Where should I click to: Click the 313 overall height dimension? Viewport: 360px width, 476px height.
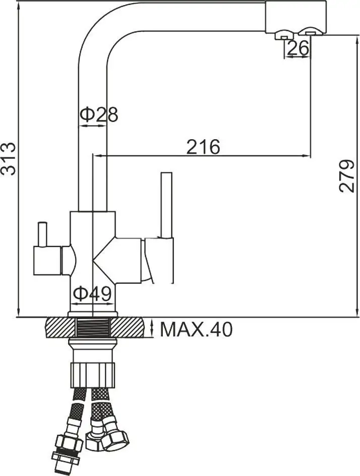[9, 159]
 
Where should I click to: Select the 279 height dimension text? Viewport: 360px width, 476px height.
[347, 176]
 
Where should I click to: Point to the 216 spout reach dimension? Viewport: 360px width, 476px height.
[203, 147]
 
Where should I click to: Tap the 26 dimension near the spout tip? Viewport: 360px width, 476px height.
[297, 48]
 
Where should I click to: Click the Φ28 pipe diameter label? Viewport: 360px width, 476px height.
[99, 114]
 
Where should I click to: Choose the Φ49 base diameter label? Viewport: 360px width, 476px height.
[92, 293]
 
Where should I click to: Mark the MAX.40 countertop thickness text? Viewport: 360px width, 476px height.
[196, 330]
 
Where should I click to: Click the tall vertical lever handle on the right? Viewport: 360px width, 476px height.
[167, 204]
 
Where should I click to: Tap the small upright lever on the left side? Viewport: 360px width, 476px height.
[42, 234]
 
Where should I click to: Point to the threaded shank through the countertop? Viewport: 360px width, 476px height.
[93, 328]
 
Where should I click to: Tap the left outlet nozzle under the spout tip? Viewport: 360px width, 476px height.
[283, 35]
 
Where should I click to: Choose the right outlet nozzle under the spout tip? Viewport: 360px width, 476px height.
[309, 33]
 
